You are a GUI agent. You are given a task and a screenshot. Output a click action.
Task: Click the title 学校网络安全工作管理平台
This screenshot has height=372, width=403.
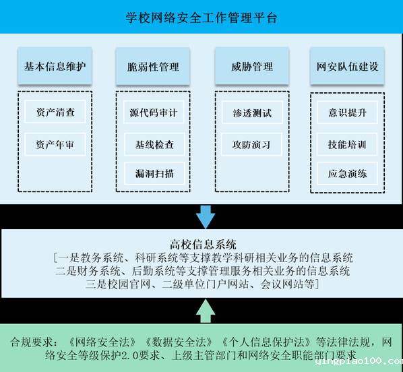201,18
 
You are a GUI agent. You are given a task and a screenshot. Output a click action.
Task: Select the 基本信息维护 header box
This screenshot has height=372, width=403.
55,65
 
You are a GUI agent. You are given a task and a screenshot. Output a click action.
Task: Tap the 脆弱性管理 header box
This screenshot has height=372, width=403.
153,66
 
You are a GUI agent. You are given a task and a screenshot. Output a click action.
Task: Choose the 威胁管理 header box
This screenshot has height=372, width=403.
252,65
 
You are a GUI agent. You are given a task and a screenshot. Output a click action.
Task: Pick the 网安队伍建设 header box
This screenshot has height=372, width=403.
347,65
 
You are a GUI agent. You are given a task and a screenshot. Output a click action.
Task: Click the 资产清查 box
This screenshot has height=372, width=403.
55,112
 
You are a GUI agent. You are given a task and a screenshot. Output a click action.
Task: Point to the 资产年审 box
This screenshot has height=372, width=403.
55,144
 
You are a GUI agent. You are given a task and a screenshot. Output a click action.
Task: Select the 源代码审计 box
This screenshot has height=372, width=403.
154,112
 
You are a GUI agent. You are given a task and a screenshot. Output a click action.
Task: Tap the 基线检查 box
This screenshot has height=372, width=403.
154,144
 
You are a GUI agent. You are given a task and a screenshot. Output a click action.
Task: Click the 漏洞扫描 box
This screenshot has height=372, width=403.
154,173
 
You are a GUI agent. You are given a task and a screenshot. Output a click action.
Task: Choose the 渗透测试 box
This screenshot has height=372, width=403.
252,113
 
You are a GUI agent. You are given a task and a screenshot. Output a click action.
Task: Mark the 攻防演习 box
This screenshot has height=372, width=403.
251,144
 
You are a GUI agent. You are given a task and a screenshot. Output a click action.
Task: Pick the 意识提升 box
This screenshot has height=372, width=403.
347,113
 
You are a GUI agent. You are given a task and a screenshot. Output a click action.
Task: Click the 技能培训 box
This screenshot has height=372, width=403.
347,144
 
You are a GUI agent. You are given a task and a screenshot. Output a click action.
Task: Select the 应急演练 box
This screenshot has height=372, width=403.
347,173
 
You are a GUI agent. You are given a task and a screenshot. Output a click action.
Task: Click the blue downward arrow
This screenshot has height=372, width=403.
206,217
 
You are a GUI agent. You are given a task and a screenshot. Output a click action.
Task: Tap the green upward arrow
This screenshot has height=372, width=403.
206,311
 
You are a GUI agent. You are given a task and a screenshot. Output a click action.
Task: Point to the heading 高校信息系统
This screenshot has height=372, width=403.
203,244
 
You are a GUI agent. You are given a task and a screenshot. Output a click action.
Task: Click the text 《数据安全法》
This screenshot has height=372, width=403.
179,342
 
